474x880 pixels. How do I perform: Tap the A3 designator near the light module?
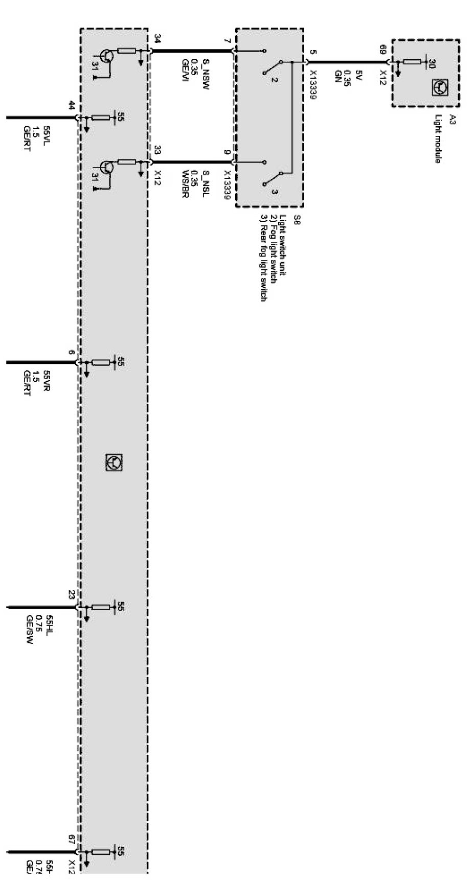(453, 121)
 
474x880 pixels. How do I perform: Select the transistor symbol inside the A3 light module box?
(439, 88)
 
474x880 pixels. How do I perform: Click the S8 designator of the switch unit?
(297, 220)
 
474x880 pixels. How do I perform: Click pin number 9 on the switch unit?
(228, 152)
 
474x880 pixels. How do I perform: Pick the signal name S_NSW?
(206, 67)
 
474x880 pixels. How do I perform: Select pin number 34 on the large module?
(157, 39)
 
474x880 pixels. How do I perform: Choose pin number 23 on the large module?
(72, 594)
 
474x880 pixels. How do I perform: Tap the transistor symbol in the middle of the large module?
(114, 462)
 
